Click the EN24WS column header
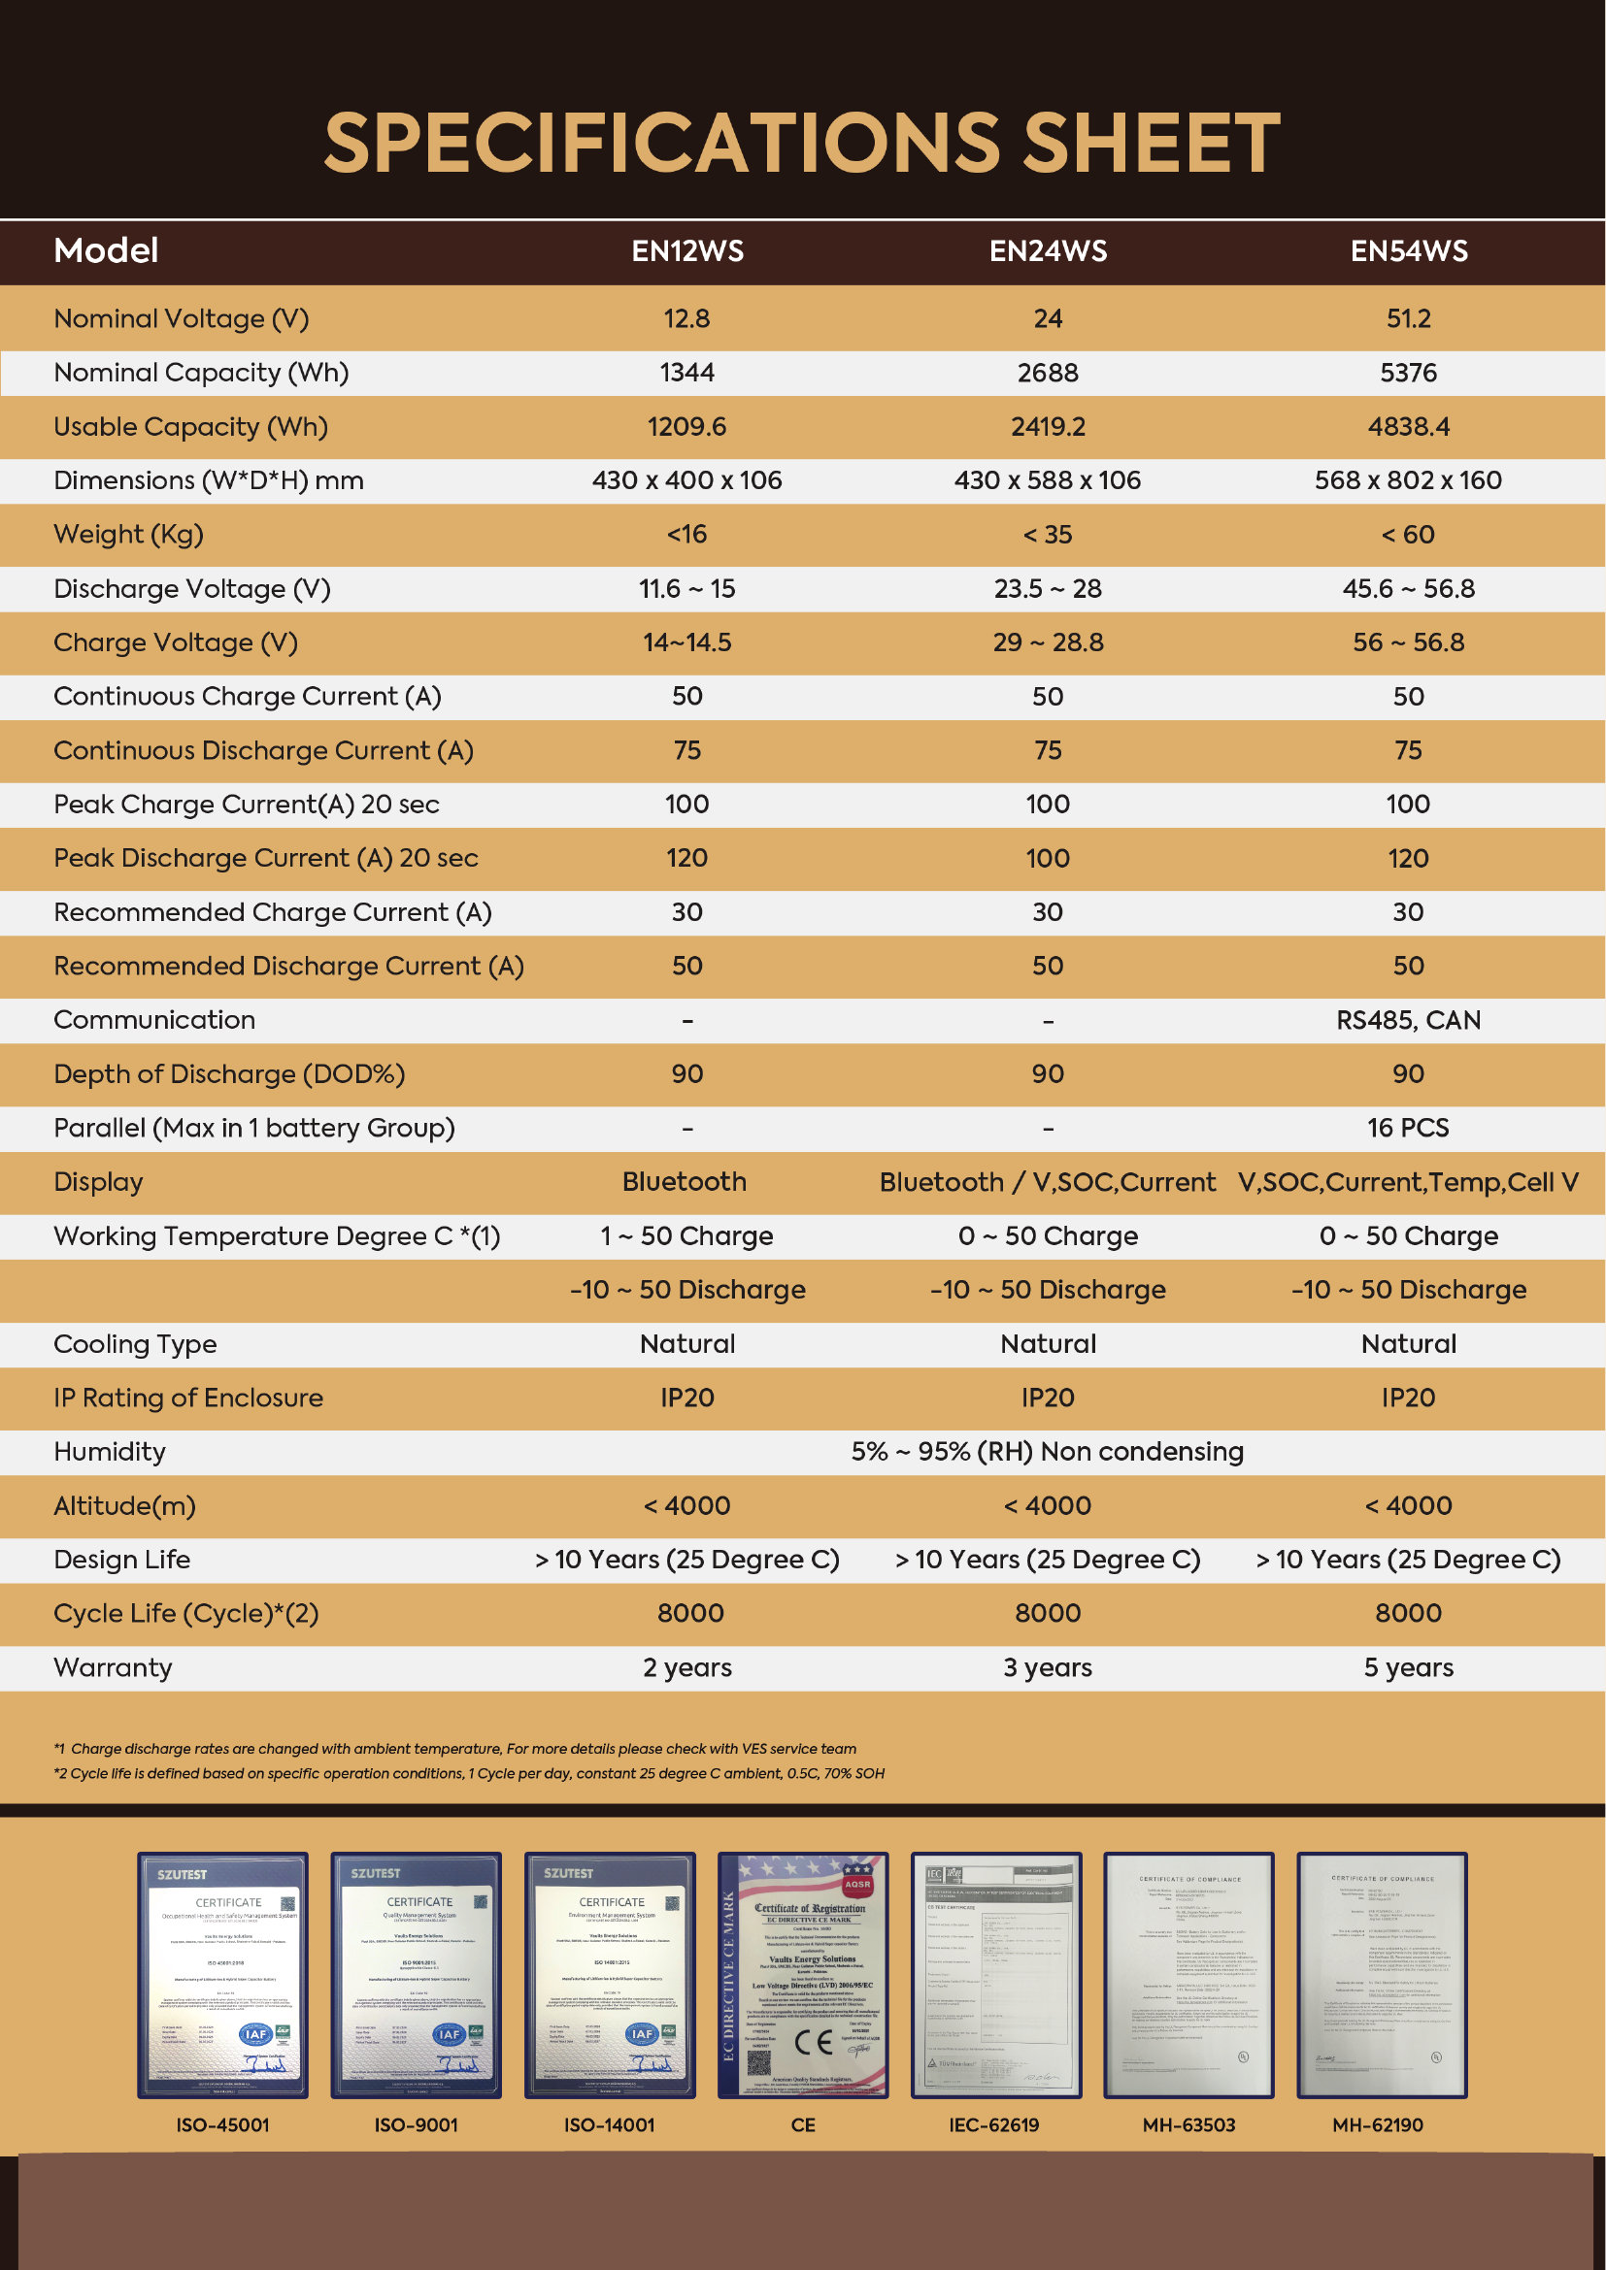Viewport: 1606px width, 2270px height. click(1048, 251)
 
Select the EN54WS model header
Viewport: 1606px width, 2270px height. click(1408, 251)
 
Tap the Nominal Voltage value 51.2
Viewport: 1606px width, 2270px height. click(1408, 318)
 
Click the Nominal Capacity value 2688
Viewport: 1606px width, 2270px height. click(1048, 373)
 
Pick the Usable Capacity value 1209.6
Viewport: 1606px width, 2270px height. click(686, 427)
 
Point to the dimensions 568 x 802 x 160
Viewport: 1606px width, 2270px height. click(1407, 480)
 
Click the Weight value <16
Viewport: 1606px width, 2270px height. click(686, 535)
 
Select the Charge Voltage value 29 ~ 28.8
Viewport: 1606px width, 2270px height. click(1048, 642)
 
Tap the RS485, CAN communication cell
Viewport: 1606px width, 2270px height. click(1408, 1020)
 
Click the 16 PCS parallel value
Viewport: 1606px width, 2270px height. click(1408, 1128)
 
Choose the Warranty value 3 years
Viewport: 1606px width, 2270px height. click(1048, 1668)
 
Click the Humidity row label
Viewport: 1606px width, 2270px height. click(110, 1453)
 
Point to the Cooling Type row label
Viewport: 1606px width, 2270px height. click(135, 1344)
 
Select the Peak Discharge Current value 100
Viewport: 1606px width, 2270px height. click(1048, 858)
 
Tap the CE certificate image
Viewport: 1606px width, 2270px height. click(802, 1974)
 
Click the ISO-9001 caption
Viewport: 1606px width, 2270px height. click(416, 2125)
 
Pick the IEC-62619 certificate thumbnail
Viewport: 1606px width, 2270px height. click(995, 1974)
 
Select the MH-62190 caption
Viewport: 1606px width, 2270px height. click(1378, 2125)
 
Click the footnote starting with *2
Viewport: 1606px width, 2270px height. click(469, 1774)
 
